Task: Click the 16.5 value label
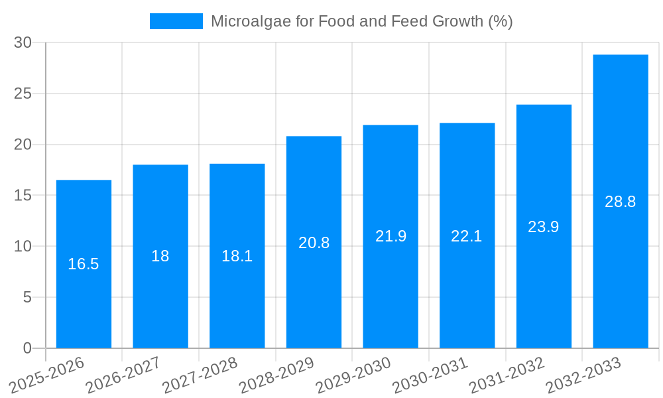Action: (84, 264)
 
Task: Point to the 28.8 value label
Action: (621, 202)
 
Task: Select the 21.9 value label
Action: (391, 236)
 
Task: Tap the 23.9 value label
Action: (544, 227)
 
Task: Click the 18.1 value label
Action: (237, 256)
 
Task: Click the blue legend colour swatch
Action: (176, 21)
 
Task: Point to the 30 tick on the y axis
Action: (23, 42)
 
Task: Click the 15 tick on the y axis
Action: (23, 196)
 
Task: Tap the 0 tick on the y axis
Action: (27, 348)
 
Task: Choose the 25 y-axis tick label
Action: (23, 94)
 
